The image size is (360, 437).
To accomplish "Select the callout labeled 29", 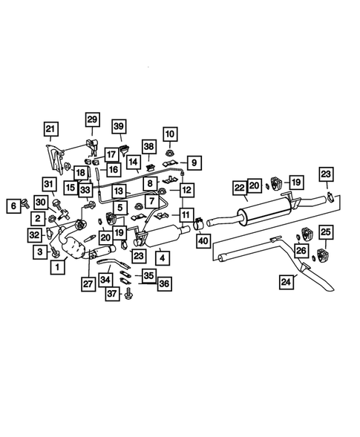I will click(92, 119).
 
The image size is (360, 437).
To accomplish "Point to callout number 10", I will click(170, 134).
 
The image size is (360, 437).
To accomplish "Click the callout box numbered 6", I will click(13, 207).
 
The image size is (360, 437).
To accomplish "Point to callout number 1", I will click(56, 266).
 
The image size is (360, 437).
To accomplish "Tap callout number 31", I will click(49, 185).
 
